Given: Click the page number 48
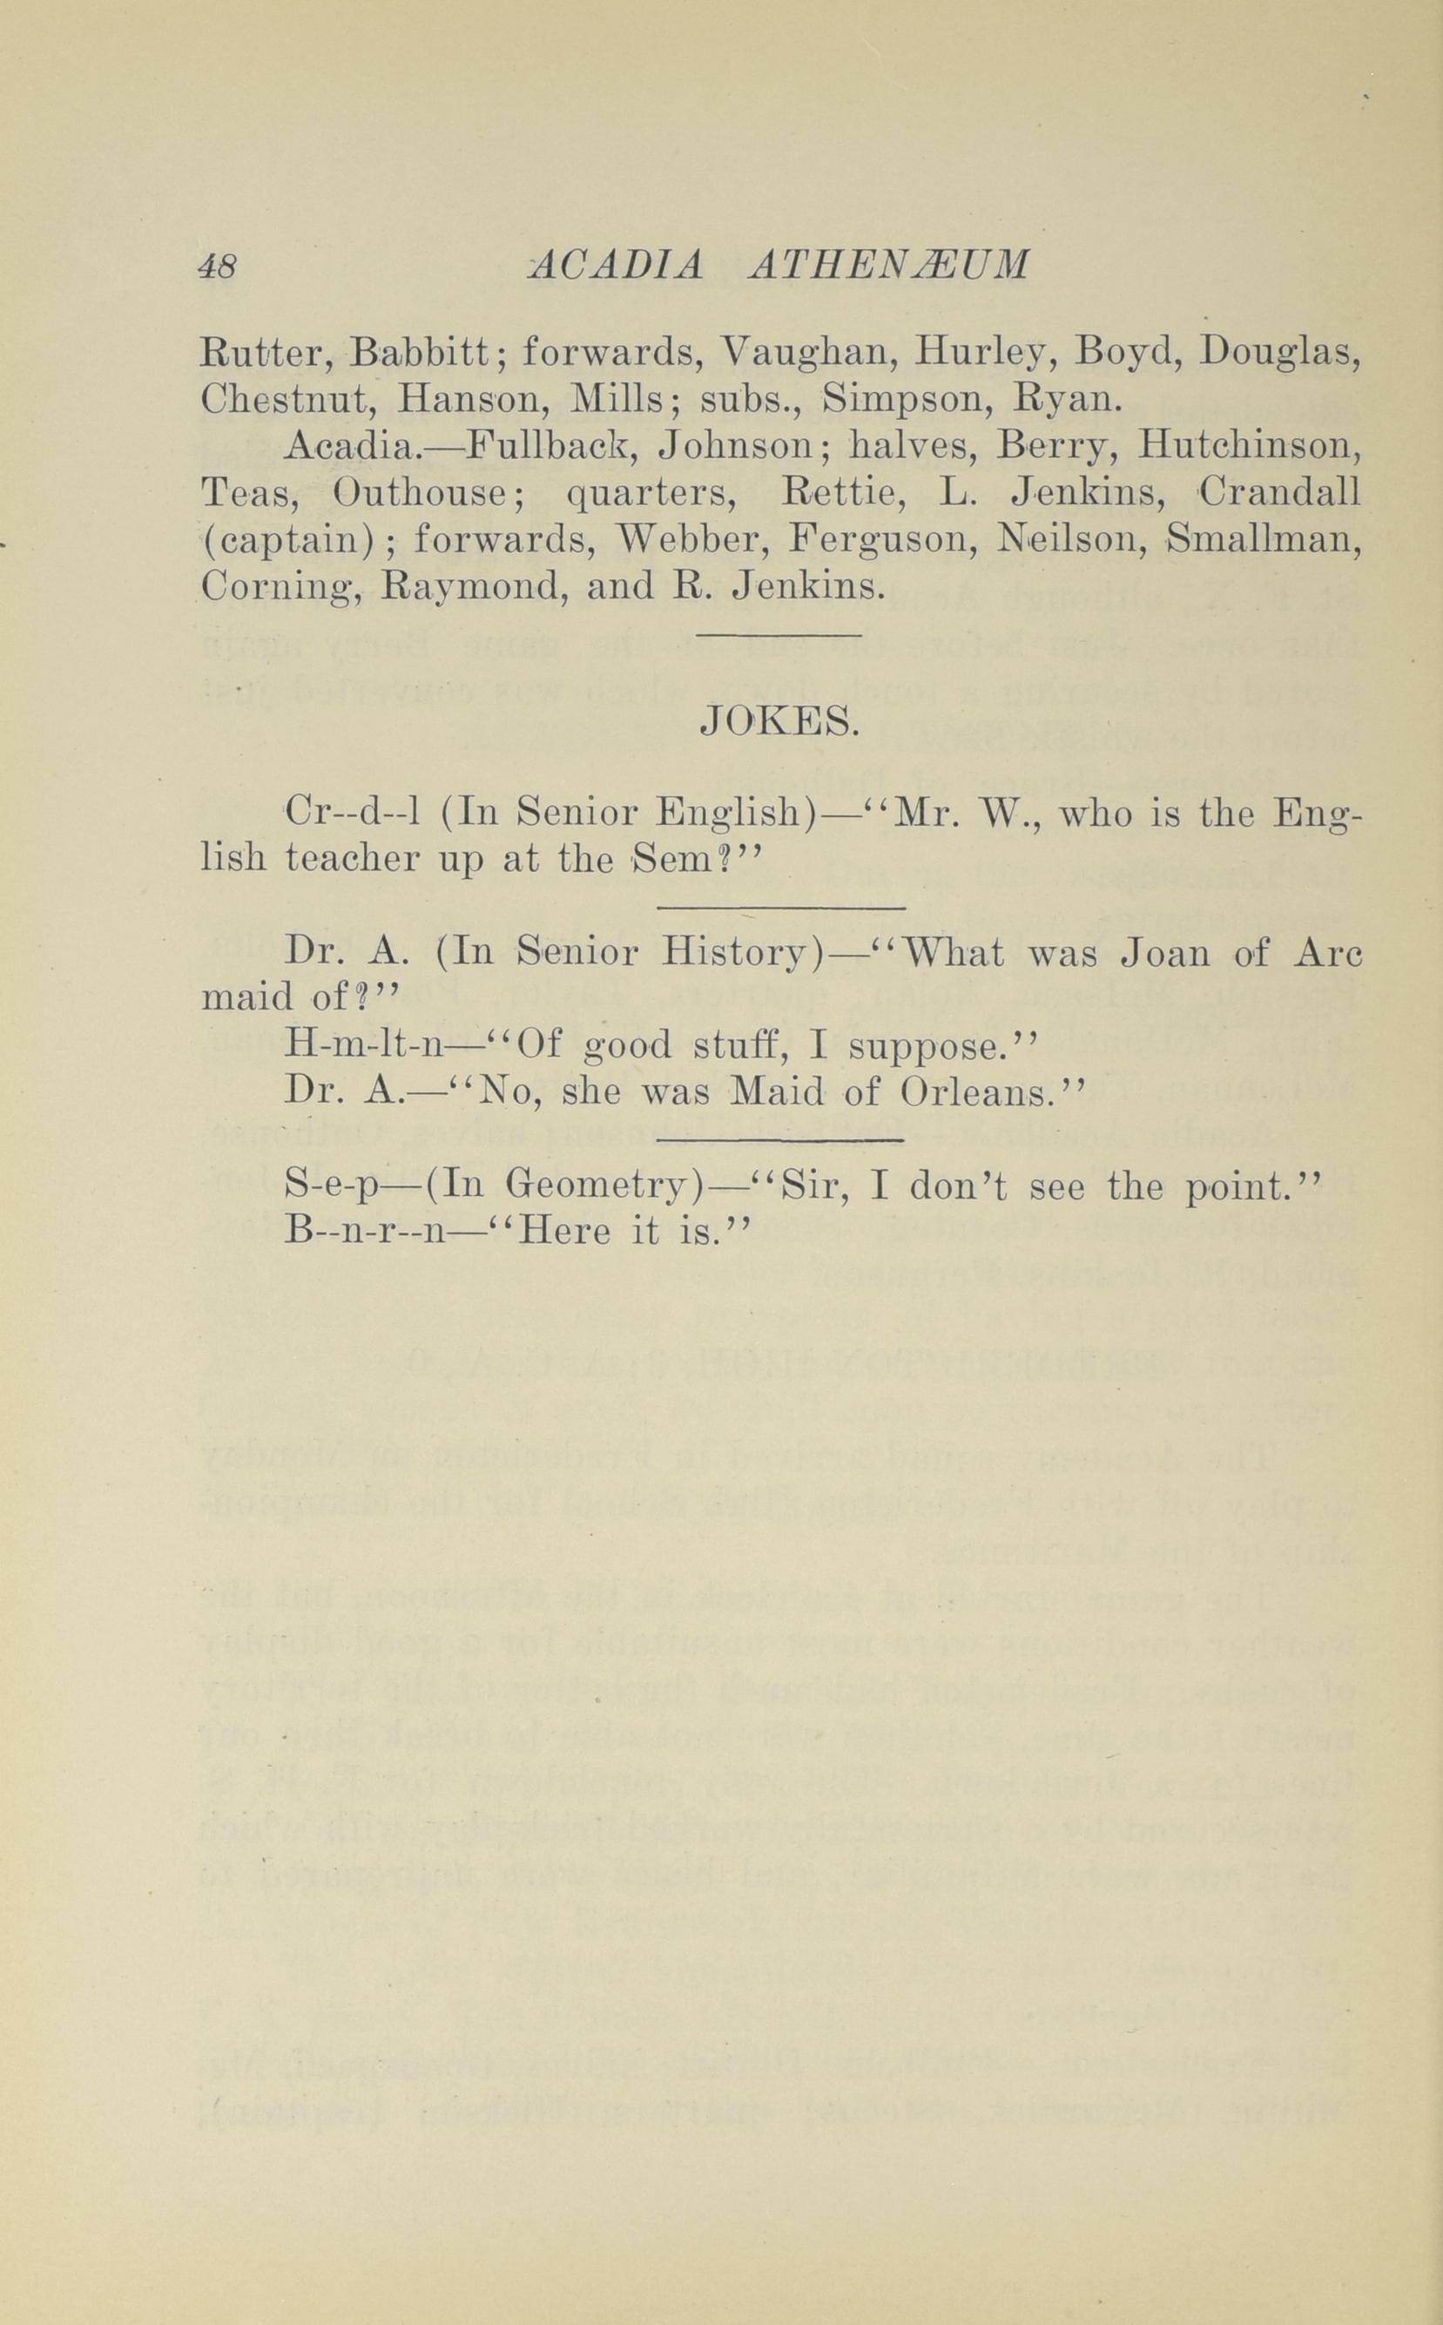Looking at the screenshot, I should [x=218, y=267].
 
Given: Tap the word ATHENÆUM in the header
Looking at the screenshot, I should [x=889, y=266].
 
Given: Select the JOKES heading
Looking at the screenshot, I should [x=779, y=724].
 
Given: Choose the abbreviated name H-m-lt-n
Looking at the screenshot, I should [x=365, y=1047].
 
